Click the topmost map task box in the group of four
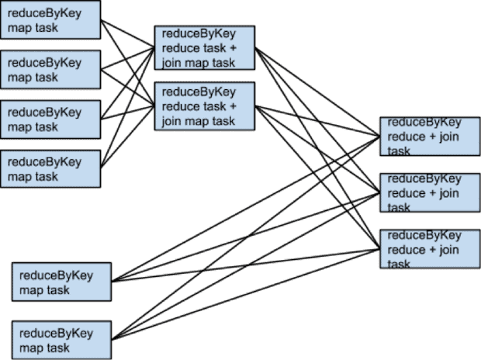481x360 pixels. click(x=50, y=20)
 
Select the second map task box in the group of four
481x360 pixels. click(x=50, y=70)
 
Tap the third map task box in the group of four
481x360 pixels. click(x=50, y=119)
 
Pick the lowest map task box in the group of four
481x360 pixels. click(x=50, y=169)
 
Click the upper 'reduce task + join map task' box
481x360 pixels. click(x=205, y=48)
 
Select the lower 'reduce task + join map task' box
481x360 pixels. click(x=205, y=106)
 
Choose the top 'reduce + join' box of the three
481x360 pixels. click(x=430, y=137)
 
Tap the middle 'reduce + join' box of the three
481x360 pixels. click(x=430, y=193)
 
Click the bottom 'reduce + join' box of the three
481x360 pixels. click(x=430, y=249)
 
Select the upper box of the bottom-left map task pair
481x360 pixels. click(x=62, y=282)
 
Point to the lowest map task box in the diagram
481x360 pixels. click(x=62, y=341)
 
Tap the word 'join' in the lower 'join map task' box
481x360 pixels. click(x=171, y=121)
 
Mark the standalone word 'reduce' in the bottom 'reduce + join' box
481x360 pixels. click(x=406, y=250)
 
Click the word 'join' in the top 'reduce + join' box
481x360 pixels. click(x=448, y=137)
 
